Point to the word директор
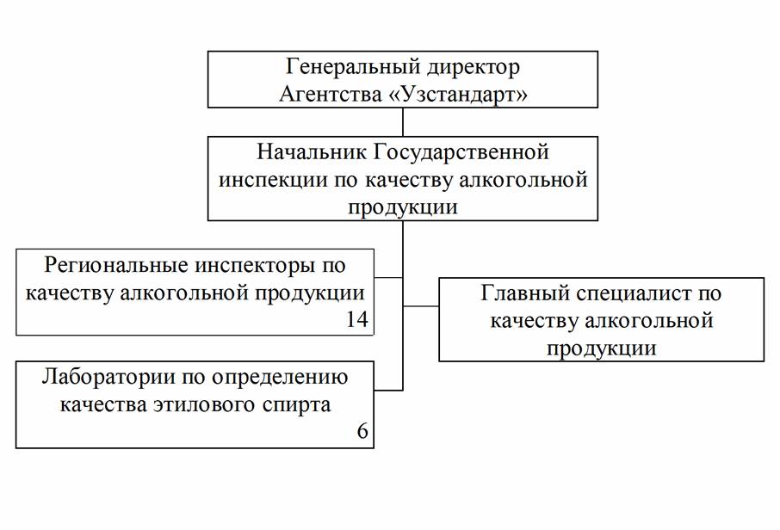pos(475,67)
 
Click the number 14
pos(356,319)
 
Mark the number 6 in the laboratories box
pos(362,432)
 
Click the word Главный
pos(520,293)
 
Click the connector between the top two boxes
pos(403,123)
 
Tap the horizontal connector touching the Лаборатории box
pos(389,390)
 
